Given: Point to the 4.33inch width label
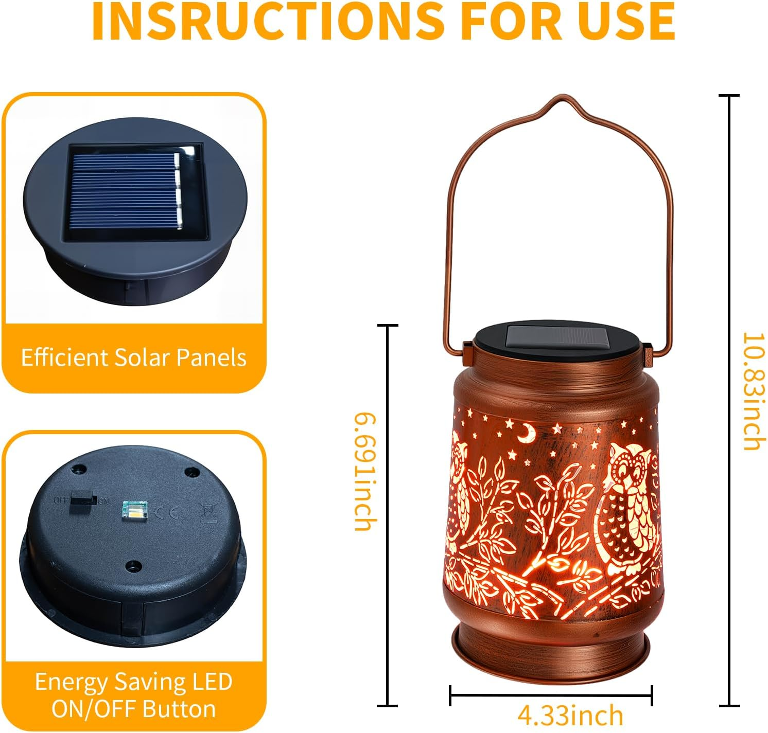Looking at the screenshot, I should [x=570, y=715].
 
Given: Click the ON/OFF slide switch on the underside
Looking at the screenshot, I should [x=83, y=498].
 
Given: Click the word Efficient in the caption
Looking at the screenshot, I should [x=64, y=357].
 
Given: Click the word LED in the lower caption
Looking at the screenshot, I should [x=212, y=682].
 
